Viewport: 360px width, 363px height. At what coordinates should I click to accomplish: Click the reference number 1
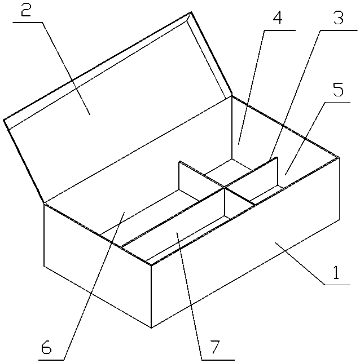coord(336,272)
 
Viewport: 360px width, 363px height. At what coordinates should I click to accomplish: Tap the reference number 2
coord(26,10)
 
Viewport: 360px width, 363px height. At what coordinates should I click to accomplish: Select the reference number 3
coord(338,17)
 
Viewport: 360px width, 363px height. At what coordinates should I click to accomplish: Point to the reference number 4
coord(278,17)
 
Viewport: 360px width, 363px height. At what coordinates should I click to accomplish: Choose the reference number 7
coord(214,347)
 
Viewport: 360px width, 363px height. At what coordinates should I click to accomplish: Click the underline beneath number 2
coord(28,22)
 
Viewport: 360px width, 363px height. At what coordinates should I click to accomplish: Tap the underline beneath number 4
coord(280,30)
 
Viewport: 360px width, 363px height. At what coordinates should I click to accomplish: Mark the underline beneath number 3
coord(339,30)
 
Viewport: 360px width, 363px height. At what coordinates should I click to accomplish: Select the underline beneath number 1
coord(337,284)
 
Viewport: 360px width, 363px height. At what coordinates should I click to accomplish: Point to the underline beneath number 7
coord(218,360)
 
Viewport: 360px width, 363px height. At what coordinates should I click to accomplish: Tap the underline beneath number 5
coord(337,103)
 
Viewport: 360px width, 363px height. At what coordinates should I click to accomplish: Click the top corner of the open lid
coord(191,12)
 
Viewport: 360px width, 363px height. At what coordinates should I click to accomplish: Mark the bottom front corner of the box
coord(151,327)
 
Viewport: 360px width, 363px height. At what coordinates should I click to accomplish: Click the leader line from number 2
coord(66,68)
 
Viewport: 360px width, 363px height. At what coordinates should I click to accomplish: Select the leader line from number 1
coord(299,263)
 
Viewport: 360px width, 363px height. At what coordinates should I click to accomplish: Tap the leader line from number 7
coord(189,296)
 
